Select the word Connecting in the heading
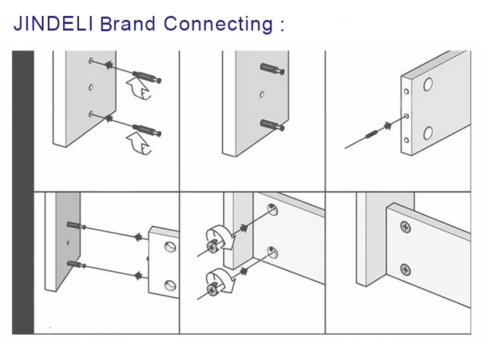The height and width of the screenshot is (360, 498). point(218,25)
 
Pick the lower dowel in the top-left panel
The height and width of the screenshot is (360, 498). point(148,127)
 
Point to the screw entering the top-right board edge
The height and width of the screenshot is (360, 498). point(373,134)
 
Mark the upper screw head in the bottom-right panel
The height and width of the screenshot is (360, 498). point(405,228)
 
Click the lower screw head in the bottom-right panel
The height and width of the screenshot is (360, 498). point(405,270)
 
